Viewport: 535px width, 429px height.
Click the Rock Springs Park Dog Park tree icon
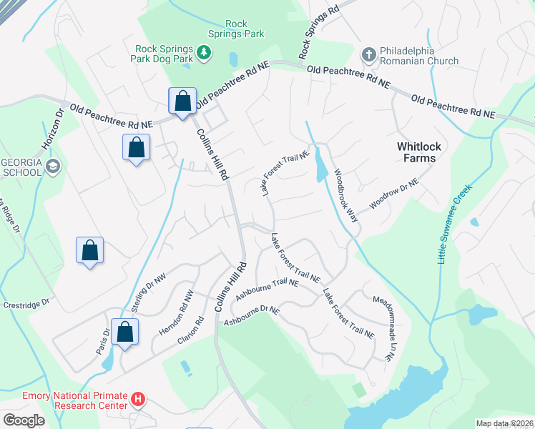click(204, 51)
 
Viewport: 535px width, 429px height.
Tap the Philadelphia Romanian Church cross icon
click(368, 54)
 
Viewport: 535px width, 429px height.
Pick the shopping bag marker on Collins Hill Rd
click(182, 101)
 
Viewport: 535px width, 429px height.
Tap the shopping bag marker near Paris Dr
click(124, 332)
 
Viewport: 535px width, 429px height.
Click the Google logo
click(24, 420)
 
